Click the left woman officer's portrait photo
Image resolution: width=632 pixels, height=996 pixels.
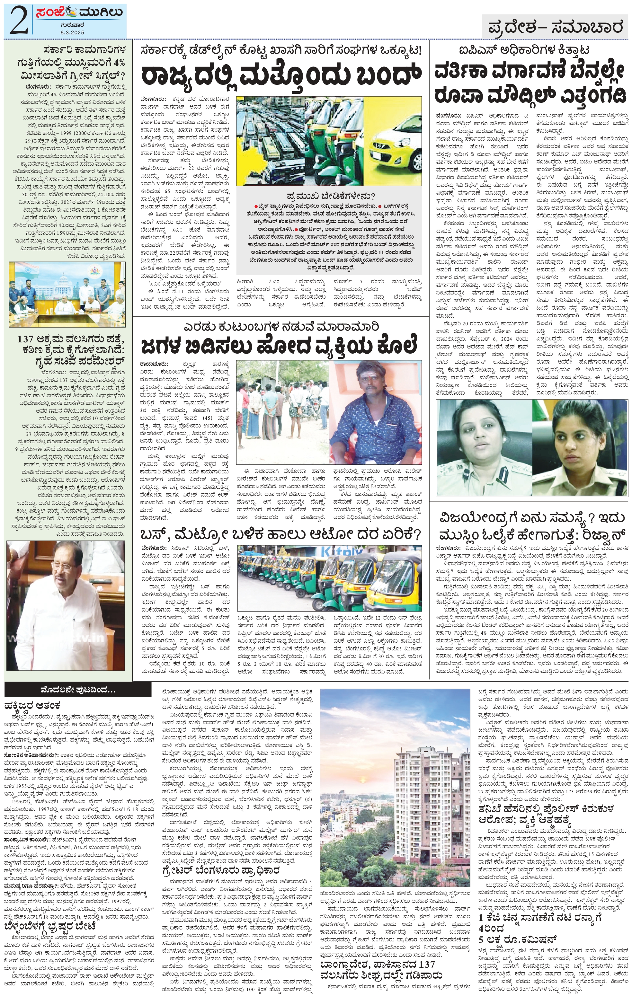click(x=483, y=447)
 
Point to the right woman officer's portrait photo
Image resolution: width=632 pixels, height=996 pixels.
click(x=579, y=447)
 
